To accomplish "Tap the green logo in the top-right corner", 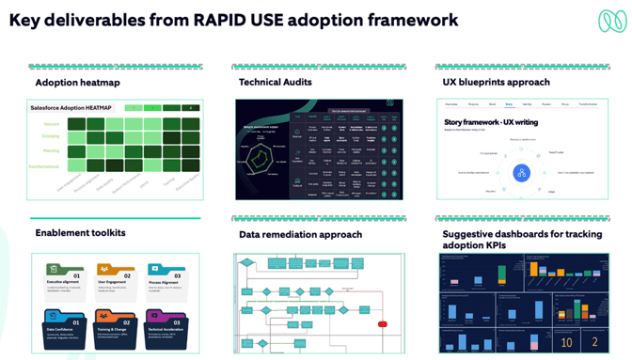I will (607, 21).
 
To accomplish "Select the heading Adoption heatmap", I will (77, 83).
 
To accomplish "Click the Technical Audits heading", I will (275, 83).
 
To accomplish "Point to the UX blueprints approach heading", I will (496, 83).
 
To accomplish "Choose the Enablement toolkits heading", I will (80, 232).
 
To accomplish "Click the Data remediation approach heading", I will (300, 234).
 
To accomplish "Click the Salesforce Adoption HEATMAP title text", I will (75, 108).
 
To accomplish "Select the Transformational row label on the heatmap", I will (43, 166).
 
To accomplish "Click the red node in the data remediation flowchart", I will (383, 324).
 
